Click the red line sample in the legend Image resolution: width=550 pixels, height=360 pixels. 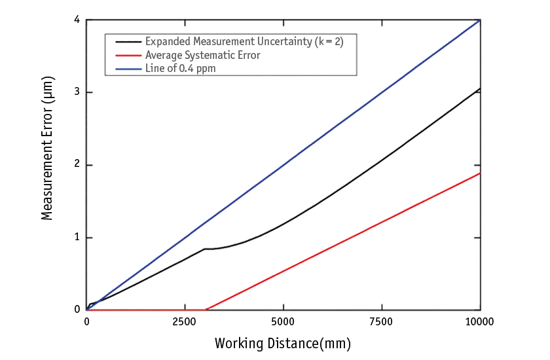coord(128,56)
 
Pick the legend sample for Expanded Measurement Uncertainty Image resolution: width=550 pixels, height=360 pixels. coord(128,42)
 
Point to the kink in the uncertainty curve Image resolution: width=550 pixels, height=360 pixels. coord(206,248)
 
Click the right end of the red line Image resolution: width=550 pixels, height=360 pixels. coord(480,173)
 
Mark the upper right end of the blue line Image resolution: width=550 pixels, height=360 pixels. coord(480,21)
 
